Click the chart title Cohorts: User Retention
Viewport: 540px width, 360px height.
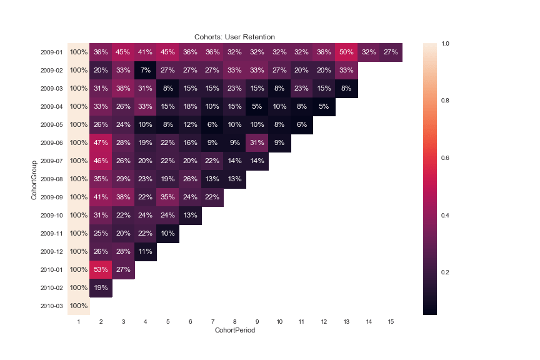coord(234,37)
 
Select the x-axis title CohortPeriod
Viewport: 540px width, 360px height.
coord(234,330)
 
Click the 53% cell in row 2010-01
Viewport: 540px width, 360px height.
coord(101,270)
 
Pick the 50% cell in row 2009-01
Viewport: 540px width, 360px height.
coord(346,52)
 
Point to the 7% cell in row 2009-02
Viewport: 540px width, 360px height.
coord(146,71)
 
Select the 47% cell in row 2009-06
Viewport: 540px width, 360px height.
coord(101,143)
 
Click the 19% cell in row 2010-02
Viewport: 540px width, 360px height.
coord(101,288)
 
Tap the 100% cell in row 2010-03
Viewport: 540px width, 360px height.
coord(79,306)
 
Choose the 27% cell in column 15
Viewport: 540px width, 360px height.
coord(391,52)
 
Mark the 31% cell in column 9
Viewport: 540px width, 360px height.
coord(257,143)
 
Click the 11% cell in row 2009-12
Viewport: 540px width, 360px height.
coord(146,252)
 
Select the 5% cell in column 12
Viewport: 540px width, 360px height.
coord(324,107)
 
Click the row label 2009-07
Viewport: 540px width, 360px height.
coord(52,161)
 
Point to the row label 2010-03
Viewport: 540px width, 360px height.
coord(52,306)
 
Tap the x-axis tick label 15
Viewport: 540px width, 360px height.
coord(391,321)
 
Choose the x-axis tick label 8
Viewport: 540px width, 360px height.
coord(235,321)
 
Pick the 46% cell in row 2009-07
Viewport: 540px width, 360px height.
coord(101,161)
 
